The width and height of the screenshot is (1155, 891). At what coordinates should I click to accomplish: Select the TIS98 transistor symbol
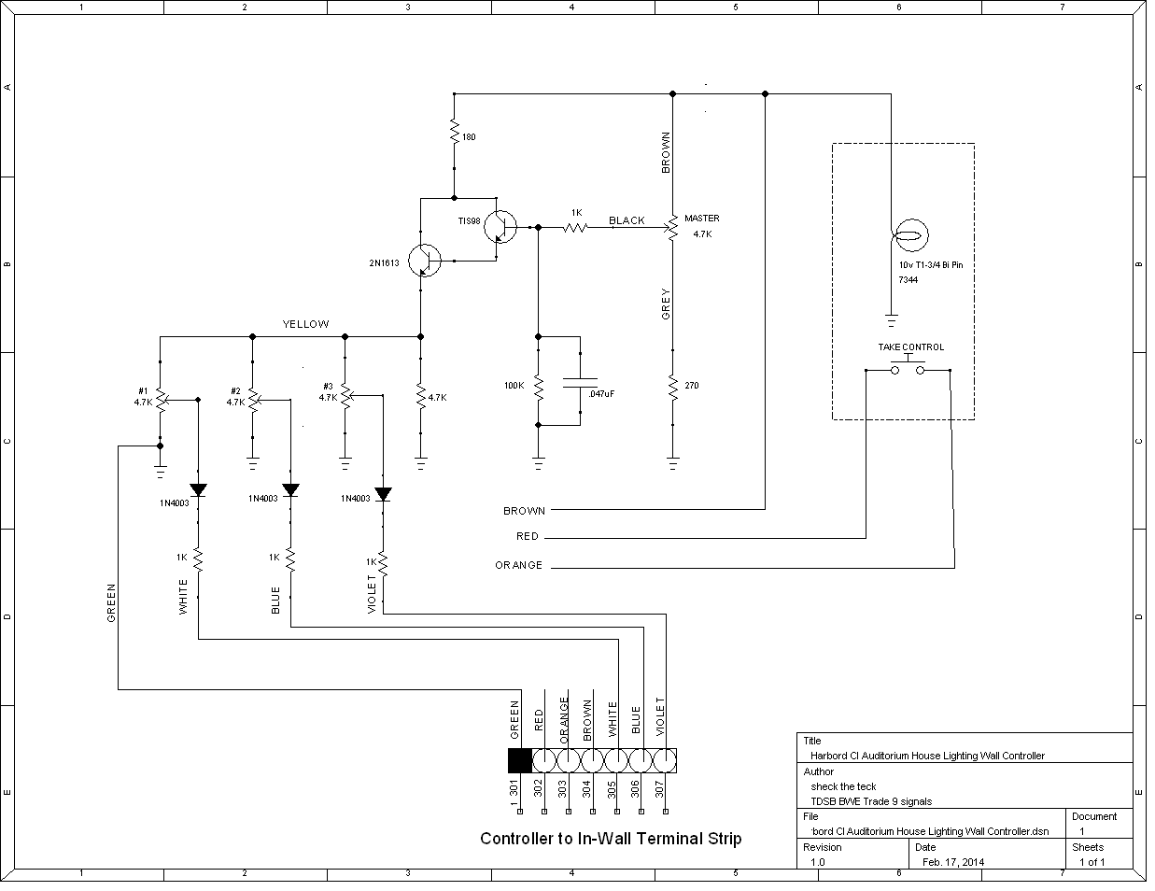click(x=501, y=226)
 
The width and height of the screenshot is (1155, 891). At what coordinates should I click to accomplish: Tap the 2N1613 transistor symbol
click(x=426, y=261)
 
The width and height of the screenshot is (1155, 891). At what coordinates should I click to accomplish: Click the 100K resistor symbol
click(x=538, y=385)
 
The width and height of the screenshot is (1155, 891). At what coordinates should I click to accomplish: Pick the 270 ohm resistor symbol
click(x=672, y=385)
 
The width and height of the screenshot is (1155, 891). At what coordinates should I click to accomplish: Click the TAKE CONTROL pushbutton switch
click(x=908, y=369)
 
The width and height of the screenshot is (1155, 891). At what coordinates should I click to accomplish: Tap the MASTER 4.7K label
click(x=701, y=226)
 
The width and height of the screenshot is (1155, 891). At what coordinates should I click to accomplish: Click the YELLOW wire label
click(x=305, y=324)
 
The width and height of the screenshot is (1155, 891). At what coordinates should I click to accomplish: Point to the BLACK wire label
click(x=627, y=220)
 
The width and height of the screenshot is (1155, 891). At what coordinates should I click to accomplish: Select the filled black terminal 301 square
click(x=519, y=760)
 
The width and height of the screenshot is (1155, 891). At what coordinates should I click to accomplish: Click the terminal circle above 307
click(x=666, y=759)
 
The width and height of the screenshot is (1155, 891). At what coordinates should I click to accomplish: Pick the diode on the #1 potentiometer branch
click(x=198, y=489)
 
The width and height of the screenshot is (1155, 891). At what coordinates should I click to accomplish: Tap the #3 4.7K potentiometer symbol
click(x=345, y=396)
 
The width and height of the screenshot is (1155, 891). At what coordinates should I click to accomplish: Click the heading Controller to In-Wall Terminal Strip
click(x=611, y=839)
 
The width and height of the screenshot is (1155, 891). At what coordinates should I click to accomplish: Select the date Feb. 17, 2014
click(x=952, y=862)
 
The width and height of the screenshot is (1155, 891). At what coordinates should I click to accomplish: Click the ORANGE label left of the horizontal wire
click(x=518, y=565)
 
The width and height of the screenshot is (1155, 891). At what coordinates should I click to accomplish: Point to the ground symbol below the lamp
click(x=891, y=321)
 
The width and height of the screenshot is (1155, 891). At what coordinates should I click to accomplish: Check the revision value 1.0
click(x=817, y=862)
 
